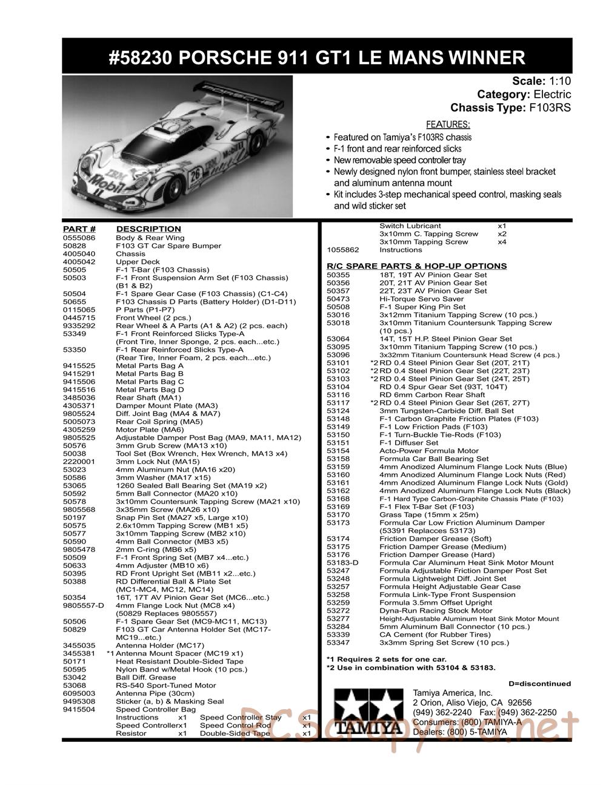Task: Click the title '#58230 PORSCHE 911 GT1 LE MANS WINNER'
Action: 317,58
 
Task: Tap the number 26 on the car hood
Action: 195,177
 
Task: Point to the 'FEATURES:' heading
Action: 448,125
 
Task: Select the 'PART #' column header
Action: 79,229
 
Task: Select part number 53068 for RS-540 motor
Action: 75,686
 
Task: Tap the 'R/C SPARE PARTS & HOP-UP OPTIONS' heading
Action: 416,266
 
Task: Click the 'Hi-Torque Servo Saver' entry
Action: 422,299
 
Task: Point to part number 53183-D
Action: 342,562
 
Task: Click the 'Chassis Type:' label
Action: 488,108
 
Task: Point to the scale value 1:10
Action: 560,81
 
